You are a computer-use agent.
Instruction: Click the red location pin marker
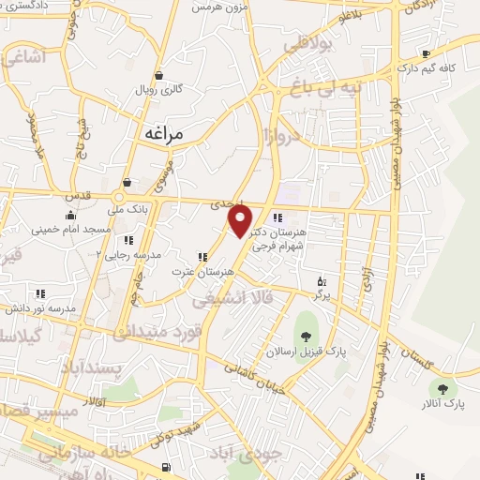click(x=241, y=221)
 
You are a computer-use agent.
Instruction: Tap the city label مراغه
click(x=175, y=134)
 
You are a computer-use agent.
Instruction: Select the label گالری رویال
click(x=159, y=89)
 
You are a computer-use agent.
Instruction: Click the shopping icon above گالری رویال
click(x=159, y=74)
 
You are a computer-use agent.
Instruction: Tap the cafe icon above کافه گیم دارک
click(x=427, y=53)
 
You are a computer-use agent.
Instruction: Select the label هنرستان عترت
click(x=202, y=272)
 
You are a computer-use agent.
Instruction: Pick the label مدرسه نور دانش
click(x=38, y=307)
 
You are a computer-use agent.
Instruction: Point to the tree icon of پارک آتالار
click(x=442, y=387)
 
